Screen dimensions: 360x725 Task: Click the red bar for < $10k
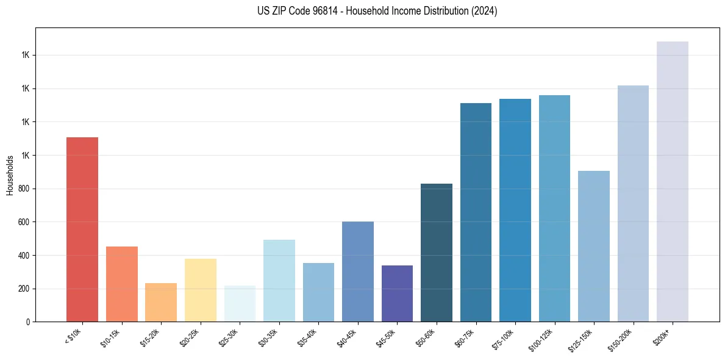pos(82,229)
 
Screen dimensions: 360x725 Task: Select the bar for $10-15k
pos(121,284)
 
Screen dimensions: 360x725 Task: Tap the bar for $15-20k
pos(161,302)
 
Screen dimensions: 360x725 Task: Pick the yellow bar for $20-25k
pos(200,290)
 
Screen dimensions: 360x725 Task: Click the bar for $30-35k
pos(279,281)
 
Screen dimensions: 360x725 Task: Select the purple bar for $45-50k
pos(397,293)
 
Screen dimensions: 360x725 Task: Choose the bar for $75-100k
pos(515,210)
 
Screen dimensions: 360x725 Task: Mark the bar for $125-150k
pos(593,246)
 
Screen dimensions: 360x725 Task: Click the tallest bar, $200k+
pos(672,181)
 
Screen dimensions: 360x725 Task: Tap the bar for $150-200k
pos(633,203)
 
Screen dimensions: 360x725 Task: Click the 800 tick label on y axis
pos(24,189)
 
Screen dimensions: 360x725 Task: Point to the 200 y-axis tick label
pos(24,289)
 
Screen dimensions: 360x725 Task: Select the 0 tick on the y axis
pos(27,322)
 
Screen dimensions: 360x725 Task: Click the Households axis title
pos(10,175)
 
